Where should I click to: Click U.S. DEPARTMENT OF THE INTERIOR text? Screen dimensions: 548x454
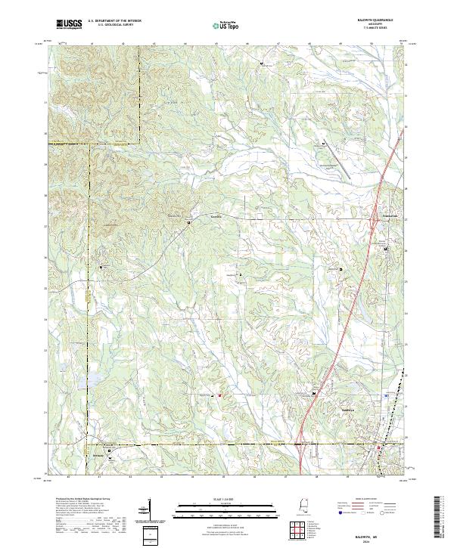click(113, 20)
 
